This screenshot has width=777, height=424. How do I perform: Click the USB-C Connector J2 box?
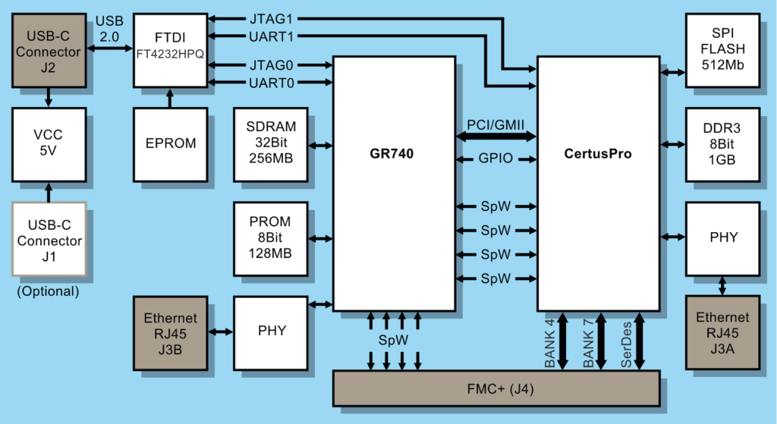(x=49, y=51)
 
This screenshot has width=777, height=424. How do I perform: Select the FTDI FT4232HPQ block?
(x=169, y=50)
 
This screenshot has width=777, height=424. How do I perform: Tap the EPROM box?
(x=169, y=143)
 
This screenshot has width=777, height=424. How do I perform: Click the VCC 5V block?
(x=49, y=143)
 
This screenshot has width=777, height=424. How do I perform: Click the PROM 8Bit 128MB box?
(x=271, y=238)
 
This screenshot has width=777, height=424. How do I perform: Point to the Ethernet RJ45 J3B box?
(x=169, y=331)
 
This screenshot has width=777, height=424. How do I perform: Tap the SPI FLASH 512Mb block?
(x=722, y=50)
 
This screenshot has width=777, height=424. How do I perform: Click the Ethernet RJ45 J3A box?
(x=722, y=331)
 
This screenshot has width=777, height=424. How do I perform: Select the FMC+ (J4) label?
(x=497, y=388)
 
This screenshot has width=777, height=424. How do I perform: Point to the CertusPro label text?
(x=598, y=154)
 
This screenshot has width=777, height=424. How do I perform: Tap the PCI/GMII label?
(x=495, y=124)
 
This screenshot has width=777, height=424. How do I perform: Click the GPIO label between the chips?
(x=495, y=159)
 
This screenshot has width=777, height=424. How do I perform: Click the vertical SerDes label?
(x=627, y=342)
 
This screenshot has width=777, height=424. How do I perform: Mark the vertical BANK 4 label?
(x=550, y=342)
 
